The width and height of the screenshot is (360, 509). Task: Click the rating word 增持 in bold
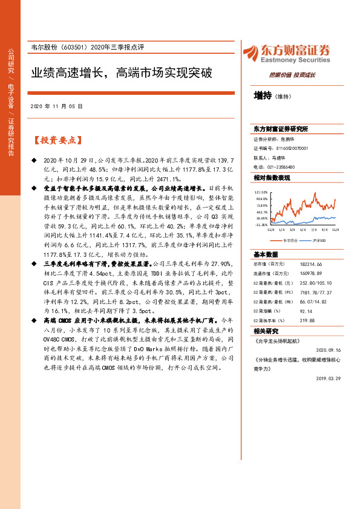(x=263, y=96)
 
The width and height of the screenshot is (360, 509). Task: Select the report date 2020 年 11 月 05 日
(x=56, y=106)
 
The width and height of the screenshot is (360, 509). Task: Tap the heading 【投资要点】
(x=56, y=140)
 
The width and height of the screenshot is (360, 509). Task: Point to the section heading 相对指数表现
(x=272, y=178)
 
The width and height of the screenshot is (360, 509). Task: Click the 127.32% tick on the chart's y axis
(x=262, y=191)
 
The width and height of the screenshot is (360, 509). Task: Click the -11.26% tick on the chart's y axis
(x=262, y=224)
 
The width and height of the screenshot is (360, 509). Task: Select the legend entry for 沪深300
(x=318, y=241)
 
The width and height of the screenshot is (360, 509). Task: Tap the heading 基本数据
(x=266, y=254)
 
